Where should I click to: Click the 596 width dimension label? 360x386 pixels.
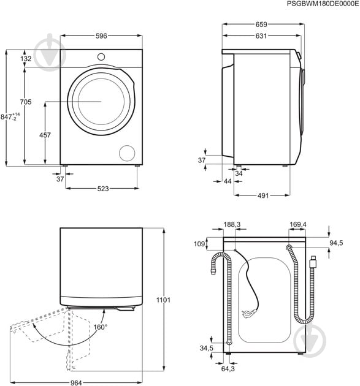pyautogui.click(x=101, y=36)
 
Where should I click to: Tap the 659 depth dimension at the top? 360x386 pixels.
pyautogui.click(x=261, y=25)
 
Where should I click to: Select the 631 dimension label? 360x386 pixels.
pyautogui.click(x=261, y=36)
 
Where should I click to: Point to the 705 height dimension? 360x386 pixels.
pyautogui.click(x=26, y=102)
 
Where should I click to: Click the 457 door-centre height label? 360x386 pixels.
pyautogui.click(x=45, y=135)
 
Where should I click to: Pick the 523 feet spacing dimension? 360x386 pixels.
pyautogui.click(x=103, y=189)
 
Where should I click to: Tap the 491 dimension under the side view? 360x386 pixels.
pyautogui.click(x=263, y=195)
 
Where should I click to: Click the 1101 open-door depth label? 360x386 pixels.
pyautogui.click(x=163, y=300)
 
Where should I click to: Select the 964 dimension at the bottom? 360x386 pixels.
pyautogui.click(x=76, y=382)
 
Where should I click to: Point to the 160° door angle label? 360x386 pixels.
pyautogui.click(x=101, y=327)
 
